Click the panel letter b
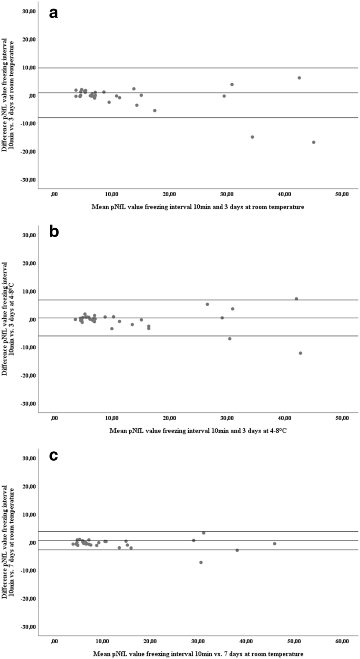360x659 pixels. [x=54, y=232]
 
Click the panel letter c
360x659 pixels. [x=53, y=455]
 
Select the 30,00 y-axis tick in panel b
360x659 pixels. [x=28, y=235]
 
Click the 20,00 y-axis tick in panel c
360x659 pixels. [x=28, y=486]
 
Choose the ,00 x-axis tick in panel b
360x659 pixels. [x=54, y=418]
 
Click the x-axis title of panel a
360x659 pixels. [x=197, y=208]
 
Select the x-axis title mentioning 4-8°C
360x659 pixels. [x=197, y=431]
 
